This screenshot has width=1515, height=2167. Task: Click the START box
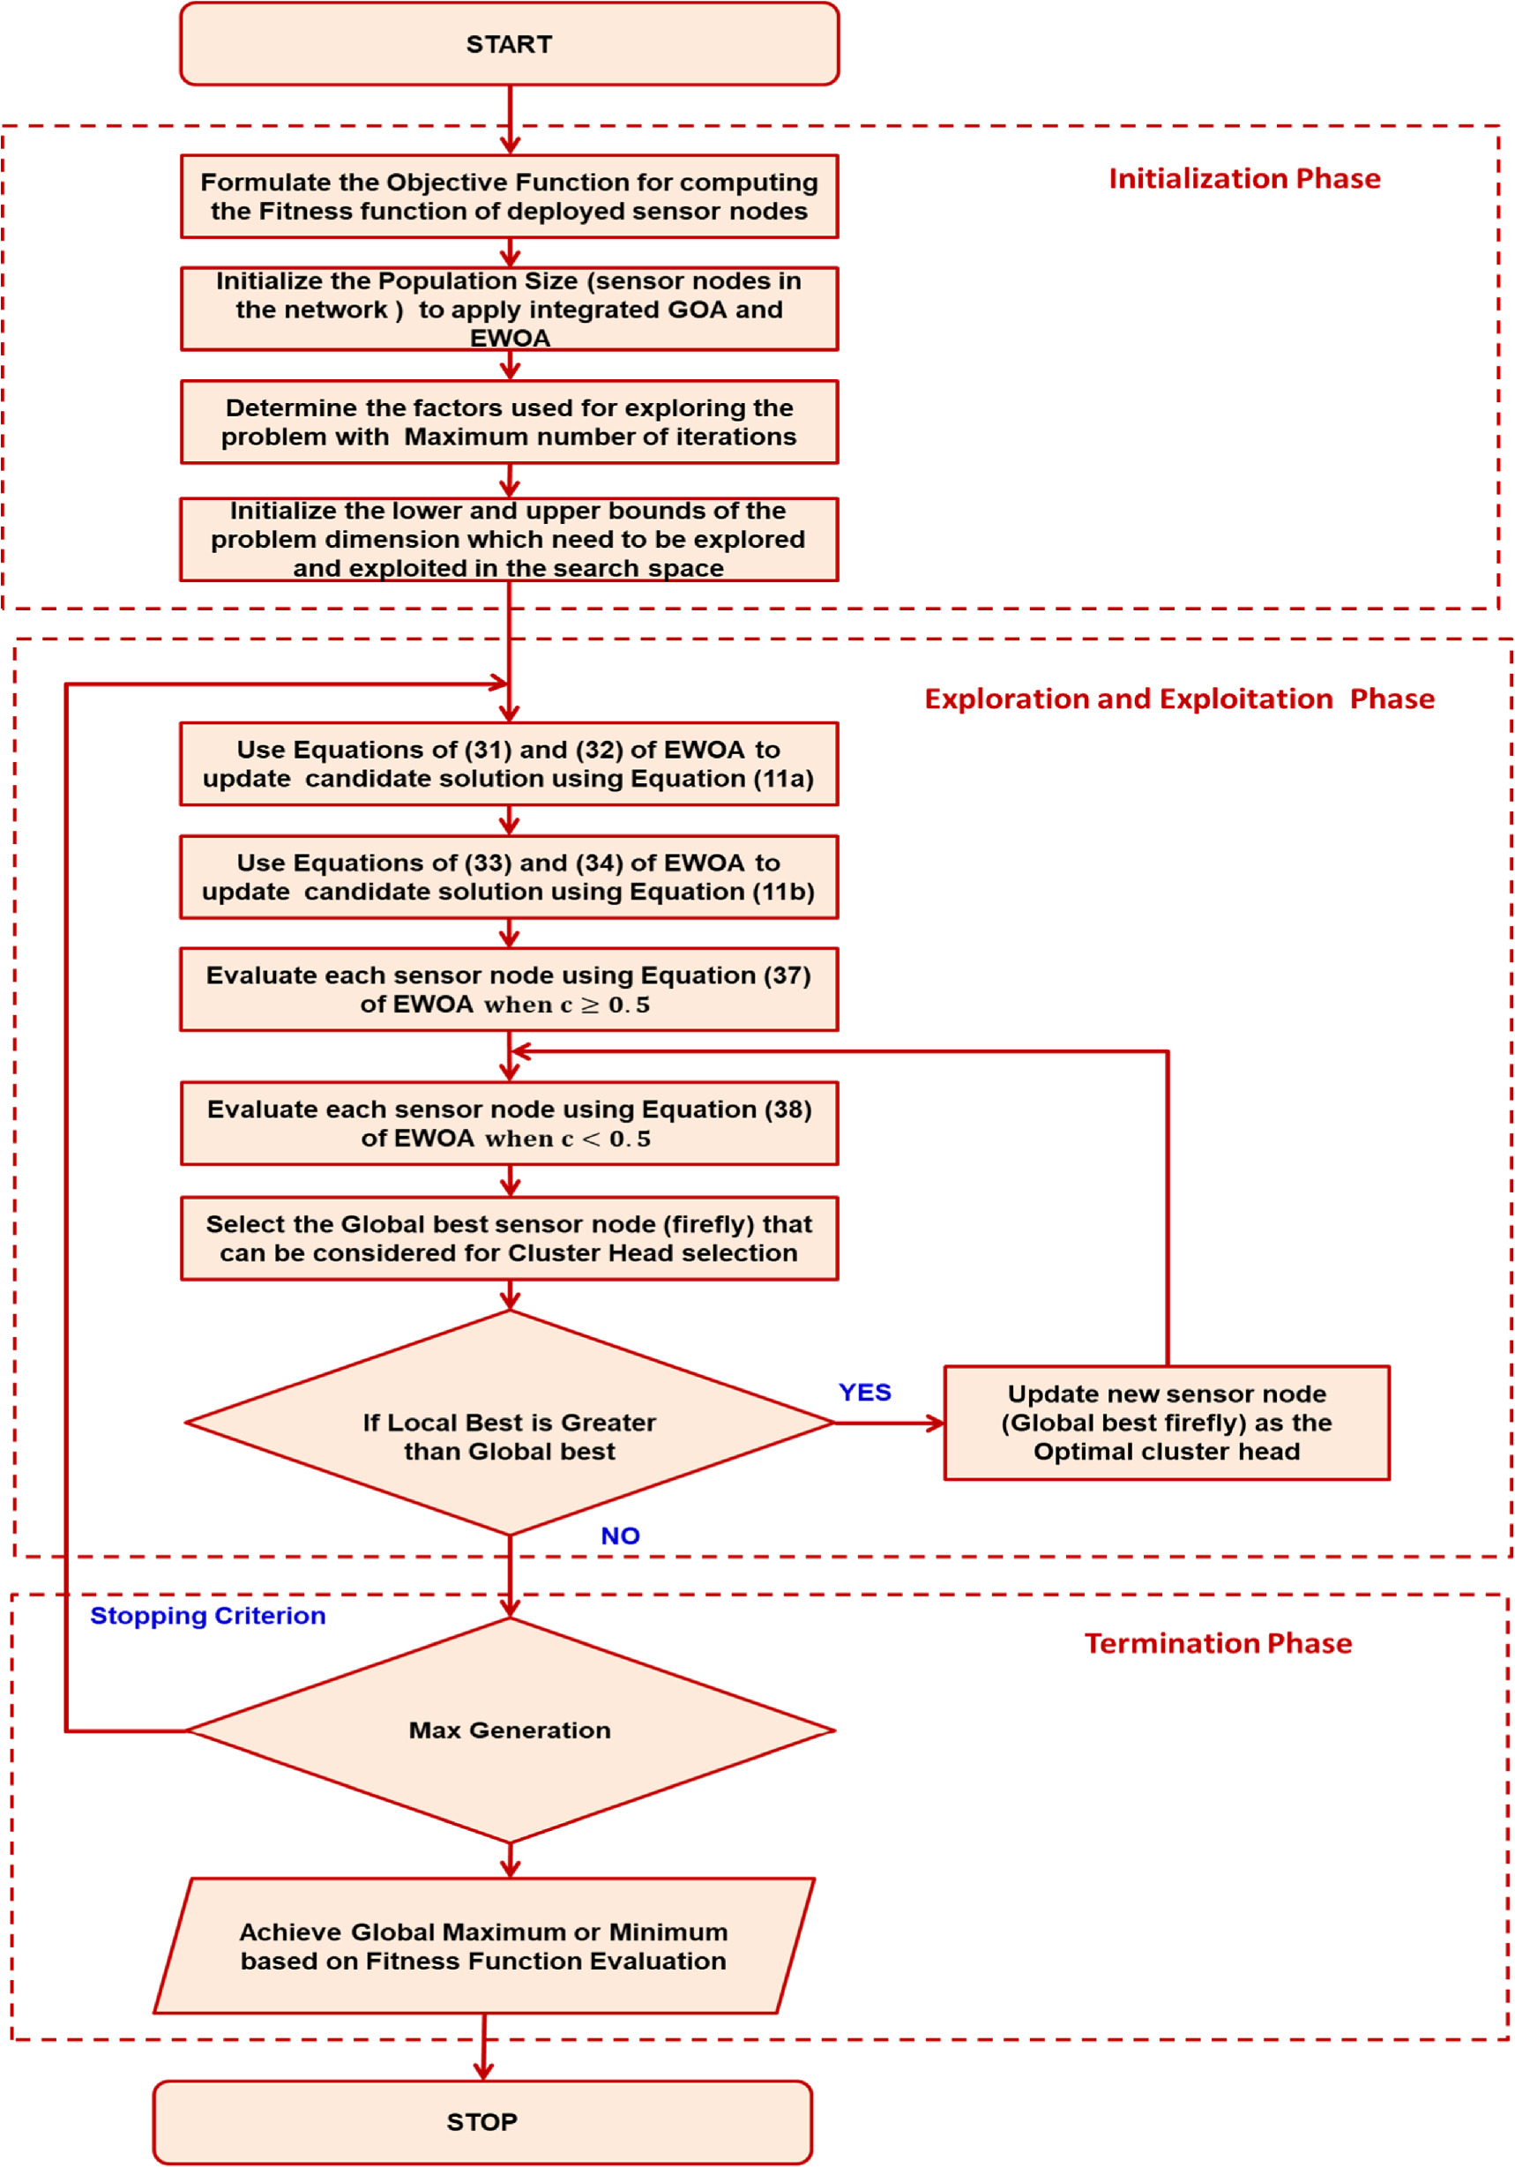(x=509, y=44)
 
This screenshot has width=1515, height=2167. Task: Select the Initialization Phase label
(x=1243, y=178)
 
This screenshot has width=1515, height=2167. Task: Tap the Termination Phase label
(x=1217, y=1643)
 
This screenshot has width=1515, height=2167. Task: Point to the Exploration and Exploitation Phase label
(x=1178, y=699)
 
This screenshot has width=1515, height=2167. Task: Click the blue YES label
(x=863, y=1392)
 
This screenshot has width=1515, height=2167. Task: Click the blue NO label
(x=619, y=1536)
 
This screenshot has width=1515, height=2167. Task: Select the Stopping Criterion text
(x=207, y=1615)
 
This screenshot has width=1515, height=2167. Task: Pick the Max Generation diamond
(x=509, y=1730)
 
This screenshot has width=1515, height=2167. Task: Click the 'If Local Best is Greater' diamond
(x=509, y=1436)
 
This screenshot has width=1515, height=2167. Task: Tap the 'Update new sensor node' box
(x=1166, y=1423)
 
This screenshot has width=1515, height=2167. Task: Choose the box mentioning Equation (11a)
(x=509, y=764)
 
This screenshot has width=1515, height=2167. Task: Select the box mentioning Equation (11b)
(x=509, y=877)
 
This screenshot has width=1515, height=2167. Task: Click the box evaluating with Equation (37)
(x=509, y=989)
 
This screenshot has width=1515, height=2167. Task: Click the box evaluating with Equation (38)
(x=509, y=1123)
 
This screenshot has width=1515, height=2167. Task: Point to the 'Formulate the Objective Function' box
(x=509, y=197)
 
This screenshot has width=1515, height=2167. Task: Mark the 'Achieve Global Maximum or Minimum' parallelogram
(x=483, y=1947)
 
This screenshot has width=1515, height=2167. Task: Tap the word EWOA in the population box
(x=510, y=338)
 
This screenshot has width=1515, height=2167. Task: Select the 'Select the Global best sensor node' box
(x=509, y=1238)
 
